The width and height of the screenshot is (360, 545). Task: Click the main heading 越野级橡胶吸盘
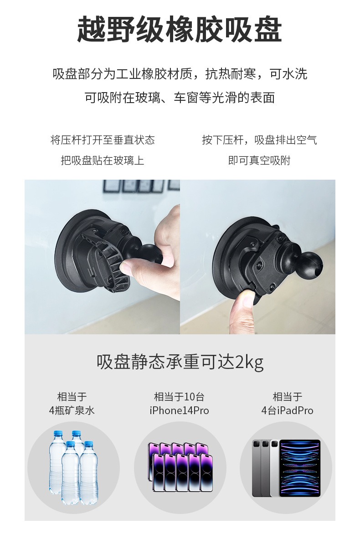[x=179, y=29]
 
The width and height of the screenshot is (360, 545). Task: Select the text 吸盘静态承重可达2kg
[x=180, y=362]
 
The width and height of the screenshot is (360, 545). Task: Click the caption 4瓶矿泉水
[x=72, y=410]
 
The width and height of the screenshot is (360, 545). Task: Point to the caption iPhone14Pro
[x=179, y=410]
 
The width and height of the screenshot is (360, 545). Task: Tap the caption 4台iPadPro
[x=287, y=410]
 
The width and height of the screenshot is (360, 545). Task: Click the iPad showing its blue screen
[x=300, y=468]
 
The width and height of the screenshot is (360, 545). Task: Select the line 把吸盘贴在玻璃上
[x=103, y=160]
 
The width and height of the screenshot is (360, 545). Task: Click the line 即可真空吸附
[x=259, y=160]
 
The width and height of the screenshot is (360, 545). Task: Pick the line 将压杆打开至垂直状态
[x=103, y=140]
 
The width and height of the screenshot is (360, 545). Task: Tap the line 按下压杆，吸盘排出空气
[x=259, y=140]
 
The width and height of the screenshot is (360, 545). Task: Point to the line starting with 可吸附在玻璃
[x=180, y=98]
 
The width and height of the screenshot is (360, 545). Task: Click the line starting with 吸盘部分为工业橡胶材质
[x=180, y=74]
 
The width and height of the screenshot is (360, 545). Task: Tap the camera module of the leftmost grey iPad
[x=257, y=444]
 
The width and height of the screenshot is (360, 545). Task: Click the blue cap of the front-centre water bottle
[x=71, y=444]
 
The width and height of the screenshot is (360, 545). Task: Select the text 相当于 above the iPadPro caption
[x=287, y=397]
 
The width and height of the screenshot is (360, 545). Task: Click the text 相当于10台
[x=179, y=397]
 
